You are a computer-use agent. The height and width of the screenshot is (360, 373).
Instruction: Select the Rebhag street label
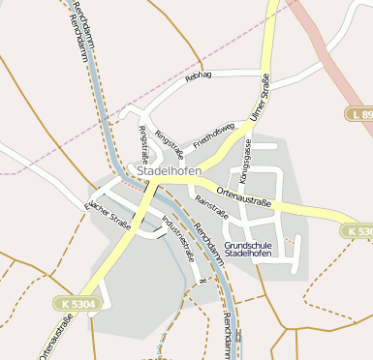(x=199, y=75)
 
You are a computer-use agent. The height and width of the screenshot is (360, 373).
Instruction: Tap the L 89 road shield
(x=360, y=114)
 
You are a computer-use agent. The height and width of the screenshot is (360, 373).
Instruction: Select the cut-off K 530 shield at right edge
(x=357, y=232)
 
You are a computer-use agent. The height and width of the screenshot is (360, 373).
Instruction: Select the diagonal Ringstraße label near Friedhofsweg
(x=169, y=142)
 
